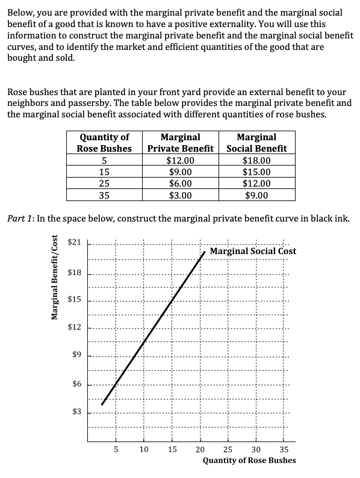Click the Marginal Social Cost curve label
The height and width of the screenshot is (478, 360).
[253, 251]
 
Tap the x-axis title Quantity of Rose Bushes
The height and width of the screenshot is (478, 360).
[249, 461]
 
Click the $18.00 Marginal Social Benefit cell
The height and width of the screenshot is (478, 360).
[256, 161]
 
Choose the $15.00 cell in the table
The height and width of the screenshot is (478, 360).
[256, 172]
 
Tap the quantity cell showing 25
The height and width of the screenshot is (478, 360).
[104, 184]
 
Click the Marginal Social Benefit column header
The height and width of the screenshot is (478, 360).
[256, 143]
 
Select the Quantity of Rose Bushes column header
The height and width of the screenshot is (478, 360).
[104, 143]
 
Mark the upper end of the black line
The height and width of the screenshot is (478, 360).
[205, 252]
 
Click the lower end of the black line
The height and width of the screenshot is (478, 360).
[102, 405]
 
